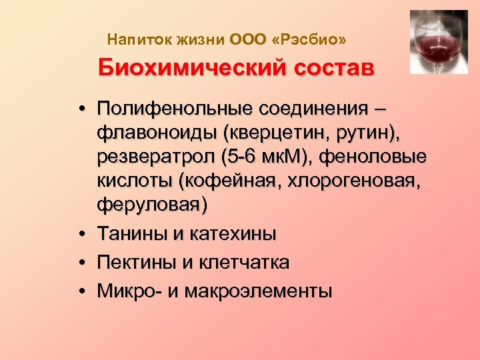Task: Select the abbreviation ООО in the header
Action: click(x=248, y=41)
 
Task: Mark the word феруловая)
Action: click(x=152, y=205)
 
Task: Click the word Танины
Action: click(x=128, y=234)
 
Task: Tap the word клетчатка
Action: click(x=241, y=263)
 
